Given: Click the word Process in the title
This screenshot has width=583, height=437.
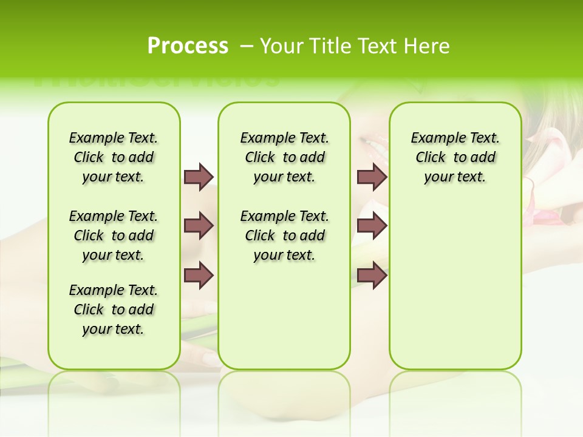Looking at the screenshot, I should point(188,46).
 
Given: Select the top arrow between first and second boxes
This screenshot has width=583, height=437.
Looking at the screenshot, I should point(199,177).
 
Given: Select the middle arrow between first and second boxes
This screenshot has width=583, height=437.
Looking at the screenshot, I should point(199,226).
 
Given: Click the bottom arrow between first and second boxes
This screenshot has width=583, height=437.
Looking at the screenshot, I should point(199,275).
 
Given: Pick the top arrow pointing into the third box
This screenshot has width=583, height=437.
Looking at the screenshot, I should point(372,177).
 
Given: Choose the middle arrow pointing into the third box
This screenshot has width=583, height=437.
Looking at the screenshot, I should point(372,226).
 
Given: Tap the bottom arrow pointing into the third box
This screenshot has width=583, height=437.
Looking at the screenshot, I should point(372,275).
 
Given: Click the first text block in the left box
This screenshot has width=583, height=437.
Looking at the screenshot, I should point(114,157).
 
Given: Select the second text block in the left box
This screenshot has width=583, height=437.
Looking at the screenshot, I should point(114,235).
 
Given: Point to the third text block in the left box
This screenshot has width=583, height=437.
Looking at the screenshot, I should point(114,310).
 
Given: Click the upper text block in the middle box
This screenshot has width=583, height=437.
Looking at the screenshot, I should point(284,157).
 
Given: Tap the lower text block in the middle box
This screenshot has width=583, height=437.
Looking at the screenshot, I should point(284,235).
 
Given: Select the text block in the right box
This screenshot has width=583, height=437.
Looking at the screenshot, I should point(455,157).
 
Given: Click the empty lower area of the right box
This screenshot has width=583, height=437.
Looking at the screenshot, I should point(455,291).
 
